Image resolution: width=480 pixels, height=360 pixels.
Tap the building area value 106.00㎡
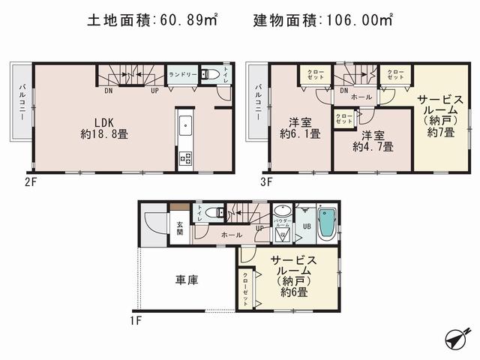click(361, 20)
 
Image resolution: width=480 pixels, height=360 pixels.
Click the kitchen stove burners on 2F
click(184, 159)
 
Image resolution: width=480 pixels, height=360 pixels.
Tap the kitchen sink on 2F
click(184, 124)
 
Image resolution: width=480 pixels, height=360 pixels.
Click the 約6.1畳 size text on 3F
click(300, 135)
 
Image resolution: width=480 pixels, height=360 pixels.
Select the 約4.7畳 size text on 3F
click(373, 146)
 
